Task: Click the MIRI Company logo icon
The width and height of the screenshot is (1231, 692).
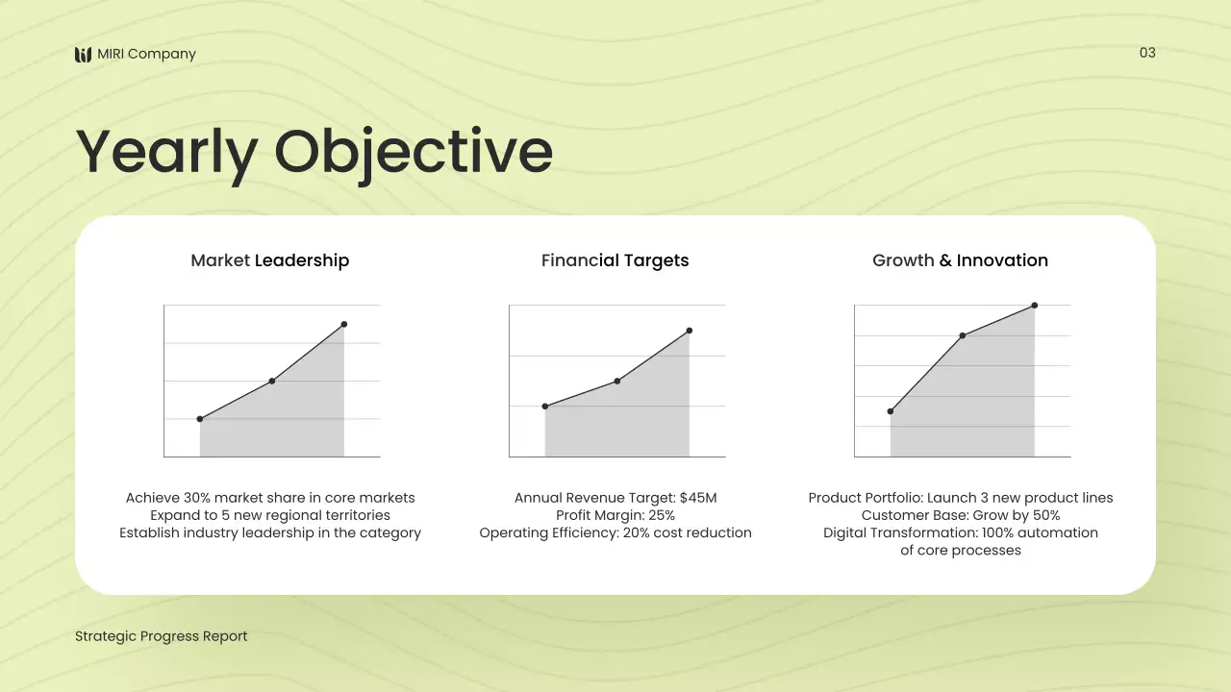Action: [x=84, y=55]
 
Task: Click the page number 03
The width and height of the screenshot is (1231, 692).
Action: [x=1147, y=53]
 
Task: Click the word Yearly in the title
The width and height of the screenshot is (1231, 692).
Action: [x=165, y=152]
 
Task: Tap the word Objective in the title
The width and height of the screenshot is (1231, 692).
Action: [x=414, y=152]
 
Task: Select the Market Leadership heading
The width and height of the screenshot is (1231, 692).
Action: [x=269, y=260]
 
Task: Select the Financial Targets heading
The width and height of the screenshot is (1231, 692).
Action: [x=615, y=260]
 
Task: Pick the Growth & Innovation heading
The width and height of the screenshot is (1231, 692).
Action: [x=960, y=260]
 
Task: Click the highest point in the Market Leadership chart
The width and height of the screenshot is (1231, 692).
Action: [x=344, y=324]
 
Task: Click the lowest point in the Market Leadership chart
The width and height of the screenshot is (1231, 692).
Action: [x=200, y=419]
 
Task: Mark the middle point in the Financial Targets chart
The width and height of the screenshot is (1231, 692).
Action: [x=616, y=381]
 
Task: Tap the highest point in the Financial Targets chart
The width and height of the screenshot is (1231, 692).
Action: [x=690, y=331]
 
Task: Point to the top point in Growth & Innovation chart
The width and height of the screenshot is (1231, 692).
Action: [x=1035, y=306]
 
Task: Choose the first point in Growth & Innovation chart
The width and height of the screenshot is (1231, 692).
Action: [x=891, y=411]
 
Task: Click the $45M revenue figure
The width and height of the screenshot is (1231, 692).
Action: [x=698, y=498]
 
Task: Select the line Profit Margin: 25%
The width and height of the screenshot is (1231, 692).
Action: [x=615, y=515]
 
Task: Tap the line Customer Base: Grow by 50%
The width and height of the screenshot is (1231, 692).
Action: [x=960, y=515]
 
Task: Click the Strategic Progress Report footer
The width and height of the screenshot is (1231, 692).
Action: [x=161, y=636]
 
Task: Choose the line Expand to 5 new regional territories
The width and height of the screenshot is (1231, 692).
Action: [x=269, y=515]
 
